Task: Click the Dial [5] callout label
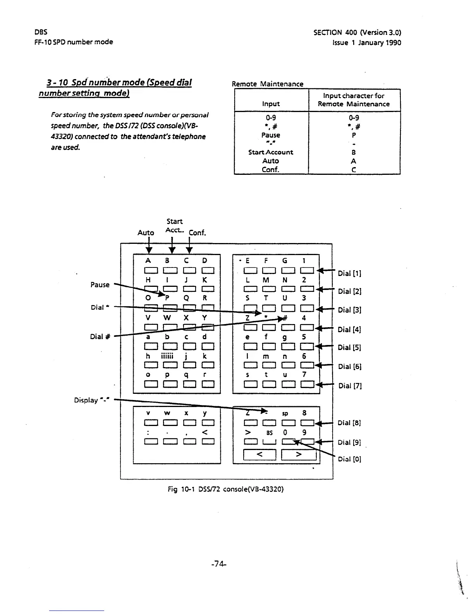[x=350, y=347]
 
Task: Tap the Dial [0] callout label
[x=350, y=459]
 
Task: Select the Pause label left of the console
[x=100, y=285]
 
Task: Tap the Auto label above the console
[x=146, y=233]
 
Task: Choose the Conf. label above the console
[x=197, y=233]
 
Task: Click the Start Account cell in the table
[x=271, y=152]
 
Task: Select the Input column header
[x=271, y=104]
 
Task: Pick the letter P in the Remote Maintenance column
[x=354, y=136]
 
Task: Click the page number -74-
[x=219, y=565]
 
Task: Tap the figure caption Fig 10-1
[x=225, y=489]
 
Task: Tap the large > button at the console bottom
[x=299, y=455]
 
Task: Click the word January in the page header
[x=368, y=43]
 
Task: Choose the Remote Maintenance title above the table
[x=267, y=84]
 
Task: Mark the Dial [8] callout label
[x=350, y=423]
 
